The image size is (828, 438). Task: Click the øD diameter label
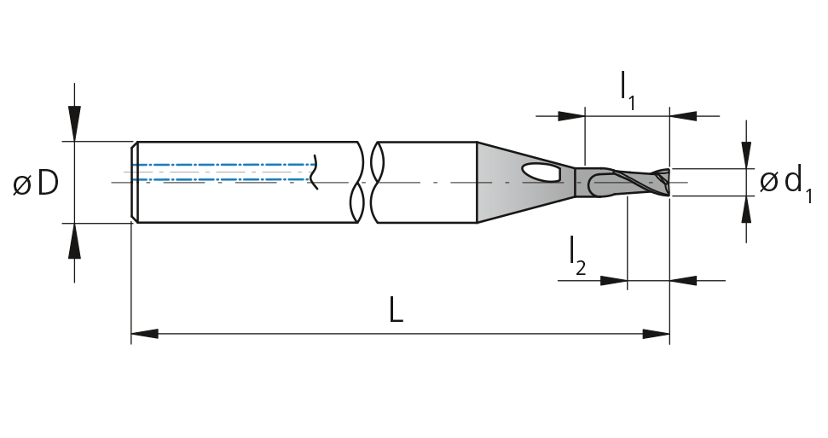coord(36,184)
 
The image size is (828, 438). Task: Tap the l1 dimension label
coord(628,91)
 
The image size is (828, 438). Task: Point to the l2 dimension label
coord(577,256)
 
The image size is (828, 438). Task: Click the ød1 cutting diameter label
coord(785,183)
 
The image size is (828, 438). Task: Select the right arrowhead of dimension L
coord(656,334)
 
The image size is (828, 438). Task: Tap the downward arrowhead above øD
coord(74,124)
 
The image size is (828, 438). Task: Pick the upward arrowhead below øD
coord(74,241)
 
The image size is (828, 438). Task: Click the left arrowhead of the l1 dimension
coord(571,116)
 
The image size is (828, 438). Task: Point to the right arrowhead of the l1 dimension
coord(683,116)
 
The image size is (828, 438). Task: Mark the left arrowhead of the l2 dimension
coord(614,280)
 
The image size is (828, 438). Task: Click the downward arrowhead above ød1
coord(746,155)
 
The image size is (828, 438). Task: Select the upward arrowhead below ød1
coord(746,209)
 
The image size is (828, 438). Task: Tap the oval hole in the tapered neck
coord(541,172)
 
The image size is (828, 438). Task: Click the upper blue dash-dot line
coord(224,165)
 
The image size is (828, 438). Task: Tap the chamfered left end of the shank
coord(134,183)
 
